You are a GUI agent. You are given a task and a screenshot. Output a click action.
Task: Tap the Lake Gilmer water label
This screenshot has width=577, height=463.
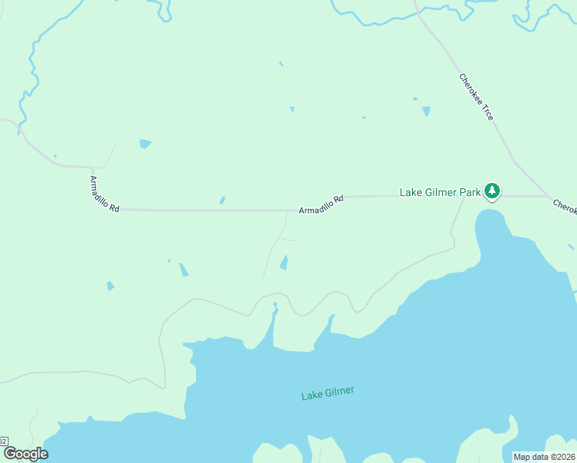328,394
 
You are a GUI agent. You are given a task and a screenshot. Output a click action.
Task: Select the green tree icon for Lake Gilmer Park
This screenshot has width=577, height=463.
492,191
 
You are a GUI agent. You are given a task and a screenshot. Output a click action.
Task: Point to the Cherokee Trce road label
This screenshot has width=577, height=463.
476,96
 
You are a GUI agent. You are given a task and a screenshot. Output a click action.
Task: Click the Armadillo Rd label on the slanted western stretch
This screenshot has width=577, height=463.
104,194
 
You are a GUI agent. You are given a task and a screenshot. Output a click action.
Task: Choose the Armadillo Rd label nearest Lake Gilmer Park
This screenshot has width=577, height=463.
320,204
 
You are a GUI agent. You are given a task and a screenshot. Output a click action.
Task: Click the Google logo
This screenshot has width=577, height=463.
25,454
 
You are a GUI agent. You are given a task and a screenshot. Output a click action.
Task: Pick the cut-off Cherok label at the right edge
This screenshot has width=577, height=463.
565,206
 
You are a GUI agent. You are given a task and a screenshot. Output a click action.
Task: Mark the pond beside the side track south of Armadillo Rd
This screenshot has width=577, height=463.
284,263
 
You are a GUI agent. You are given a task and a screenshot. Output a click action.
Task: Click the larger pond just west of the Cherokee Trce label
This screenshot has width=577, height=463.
426,111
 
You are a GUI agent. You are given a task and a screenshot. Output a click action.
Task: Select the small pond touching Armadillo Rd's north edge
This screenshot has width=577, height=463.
222,201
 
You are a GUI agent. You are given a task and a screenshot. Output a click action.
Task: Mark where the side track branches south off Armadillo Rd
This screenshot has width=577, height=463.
286,210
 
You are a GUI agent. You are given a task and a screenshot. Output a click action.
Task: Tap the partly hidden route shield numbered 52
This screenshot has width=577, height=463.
3,441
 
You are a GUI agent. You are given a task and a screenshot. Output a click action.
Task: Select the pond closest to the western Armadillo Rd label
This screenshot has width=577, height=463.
144,144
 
